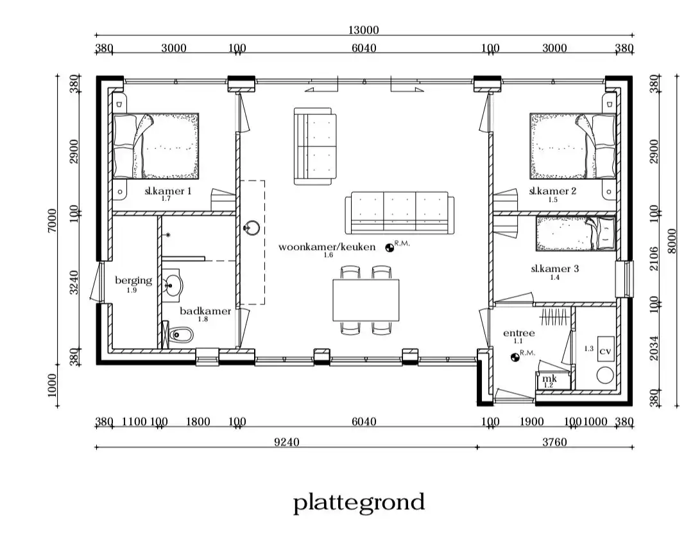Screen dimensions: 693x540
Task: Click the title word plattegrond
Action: (x=359, y=503)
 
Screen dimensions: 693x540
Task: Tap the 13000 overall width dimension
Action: (x=363, y=30)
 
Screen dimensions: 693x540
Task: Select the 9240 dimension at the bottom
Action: (x=286, y=442)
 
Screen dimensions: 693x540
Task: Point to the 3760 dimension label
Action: (x=554, y=442)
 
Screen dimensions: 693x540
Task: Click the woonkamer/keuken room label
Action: (x=327, y=247)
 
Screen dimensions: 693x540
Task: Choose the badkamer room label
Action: (x=205, y=311)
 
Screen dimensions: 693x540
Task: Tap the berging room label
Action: (x=133, y=281)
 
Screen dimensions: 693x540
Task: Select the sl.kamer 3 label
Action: (x=554, y=268)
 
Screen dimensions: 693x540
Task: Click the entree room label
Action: (x=519, y=333)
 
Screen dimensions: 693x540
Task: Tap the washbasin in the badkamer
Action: (x=173, y=285)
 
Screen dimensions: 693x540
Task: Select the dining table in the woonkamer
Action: (x=366, y=300)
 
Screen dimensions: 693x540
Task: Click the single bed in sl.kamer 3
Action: (x=576, y=234)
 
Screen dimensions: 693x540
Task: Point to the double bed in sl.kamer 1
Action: (x=155, y=146)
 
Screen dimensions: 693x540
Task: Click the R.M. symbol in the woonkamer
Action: (x=389, y=248)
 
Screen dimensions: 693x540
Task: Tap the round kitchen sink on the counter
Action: (x=252, y=228)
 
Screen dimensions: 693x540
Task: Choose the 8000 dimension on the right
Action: (x=672, y=241)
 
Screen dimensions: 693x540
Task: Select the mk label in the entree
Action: (x=549, y=379)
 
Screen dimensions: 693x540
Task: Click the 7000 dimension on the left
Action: (x=52, y=220)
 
